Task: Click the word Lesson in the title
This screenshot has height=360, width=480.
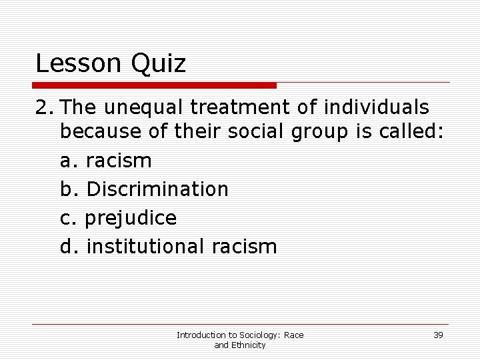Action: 75,64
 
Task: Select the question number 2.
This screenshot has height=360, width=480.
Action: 42,107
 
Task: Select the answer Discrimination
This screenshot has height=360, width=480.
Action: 157,189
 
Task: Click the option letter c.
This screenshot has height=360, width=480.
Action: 67,218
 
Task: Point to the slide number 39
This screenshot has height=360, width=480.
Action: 438,335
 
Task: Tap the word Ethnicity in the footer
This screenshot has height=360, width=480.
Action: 249,345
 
